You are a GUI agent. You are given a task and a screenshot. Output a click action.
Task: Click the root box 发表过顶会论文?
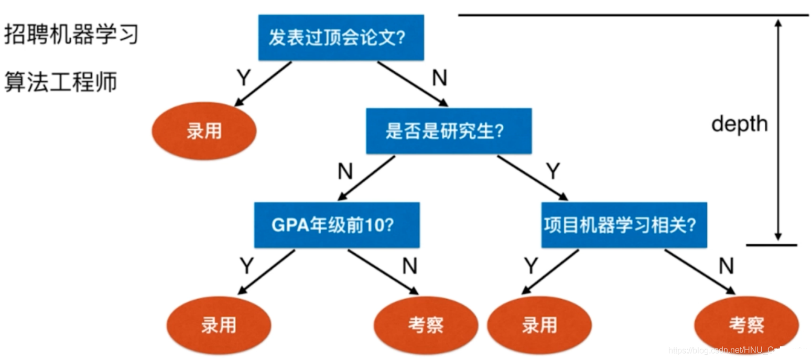341,38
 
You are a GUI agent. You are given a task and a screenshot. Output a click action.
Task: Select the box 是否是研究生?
449,131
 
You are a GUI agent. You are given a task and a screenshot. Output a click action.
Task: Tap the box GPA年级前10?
337,225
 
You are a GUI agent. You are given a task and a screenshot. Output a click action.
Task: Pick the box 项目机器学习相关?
624,225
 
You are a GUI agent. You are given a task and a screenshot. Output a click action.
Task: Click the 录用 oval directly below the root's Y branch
204,131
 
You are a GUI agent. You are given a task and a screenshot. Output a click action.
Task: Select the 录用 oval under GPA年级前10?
219,325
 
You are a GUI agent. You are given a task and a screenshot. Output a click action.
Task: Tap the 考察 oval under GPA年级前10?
426,325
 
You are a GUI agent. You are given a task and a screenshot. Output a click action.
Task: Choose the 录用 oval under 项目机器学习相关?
539,325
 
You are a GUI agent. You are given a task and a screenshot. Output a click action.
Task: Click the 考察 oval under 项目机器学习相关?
746,325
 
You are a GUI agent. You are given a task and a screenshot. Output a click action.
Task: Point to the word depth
739,124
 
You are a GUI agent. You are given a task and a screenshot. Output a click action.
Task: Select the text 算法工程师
61,82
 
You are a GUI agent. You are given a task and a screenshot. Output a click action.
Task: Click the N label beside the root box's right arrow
439,78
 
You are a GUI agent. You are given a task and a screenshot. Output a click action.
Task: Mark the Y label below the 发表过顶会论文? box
244,78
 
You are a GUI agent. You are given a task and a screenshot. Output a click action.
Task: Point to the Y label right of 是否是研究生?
553,171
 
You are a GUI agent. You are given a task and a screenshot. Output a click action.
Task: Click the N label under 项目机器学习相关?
726,266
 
